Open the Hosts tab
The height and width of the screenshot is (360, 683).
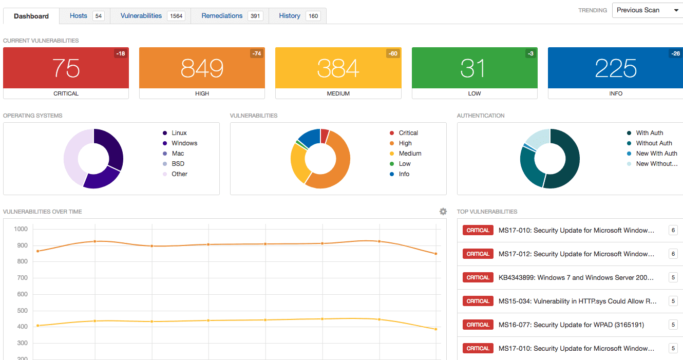[x=79, y=16]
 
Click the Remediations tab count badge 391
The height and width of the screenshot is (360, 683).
[x=255, y=16]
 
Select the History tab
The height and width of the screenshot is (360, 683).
[x=290, y=16]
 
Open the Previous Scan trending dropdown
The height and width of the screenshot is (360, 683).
[x=647, y=10]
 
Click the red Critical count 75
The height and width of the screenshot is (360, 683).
[x=66, y=68]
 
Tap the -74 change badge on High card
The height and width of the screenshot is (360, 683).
[x=256, y=53]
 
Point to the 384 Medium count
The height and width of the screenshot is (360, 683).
[x=338, y=68]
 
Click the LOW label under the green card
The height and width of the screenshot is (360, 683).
[x=475, y=93]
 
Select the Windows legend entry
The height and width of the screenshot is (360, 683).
[x=184, y=143]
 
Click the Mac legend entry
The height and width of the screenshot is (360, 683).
[x=178, y=154]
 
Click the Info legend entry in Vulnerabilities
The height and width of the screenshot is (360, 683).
[x=404, y=174]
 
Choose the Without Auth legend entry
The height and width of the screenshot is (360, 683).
[x=654, y=143]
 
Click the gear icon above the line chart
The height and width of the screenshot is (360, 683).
[x=443, y=212]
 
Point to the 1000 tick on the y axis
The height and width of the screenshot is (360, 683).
[x=21, y=229]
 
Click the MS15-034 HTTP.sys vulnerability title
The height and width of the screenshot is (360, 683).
[x=577, y=301]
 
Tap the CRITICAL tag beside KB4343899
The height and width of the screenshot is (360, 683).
[x=478, y=278]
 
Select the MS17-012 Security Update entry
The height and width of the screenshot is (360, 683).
[x=576, y=254]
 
